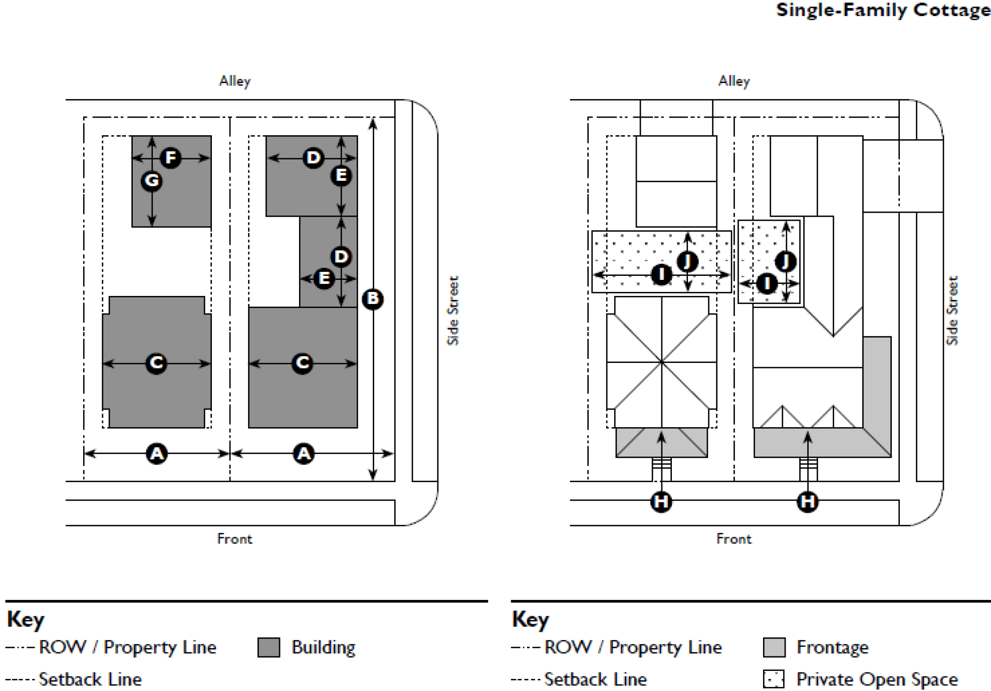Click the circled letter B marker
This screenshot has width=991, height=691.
373,299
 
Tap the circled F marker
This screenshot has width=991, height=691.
171,158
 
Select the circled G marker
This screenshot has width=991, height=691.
152,181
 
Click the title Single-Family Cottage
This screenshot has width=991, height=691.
883,10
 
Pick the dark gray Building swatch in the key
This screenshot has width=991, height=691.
269,647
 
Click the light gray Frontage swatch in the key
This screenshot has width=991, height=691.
774,647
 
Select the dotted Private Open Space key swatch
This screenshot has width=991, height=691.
774,679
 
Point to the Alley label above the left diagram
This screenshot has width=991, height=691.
234,81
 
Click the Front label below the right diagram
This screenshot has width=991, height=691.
734,539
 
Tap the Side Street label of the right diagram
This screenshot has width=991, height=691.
952,310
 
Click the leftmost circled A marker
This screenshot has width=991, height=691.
157,454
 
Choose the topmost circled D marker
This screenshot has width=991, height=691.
314,158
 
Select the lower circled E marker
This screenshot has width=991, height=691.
324,278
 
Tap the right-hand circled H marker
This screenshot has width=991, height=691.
808,501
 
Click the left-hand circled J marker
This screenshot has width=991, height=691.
687,261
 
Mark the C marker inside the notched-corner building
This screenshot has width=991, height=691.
156,363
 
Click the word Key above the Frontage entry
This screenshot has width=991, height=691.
531,619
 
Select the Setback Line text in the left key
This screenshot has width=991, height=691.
90,679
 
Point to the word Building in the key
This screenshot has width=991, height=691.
324,647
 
